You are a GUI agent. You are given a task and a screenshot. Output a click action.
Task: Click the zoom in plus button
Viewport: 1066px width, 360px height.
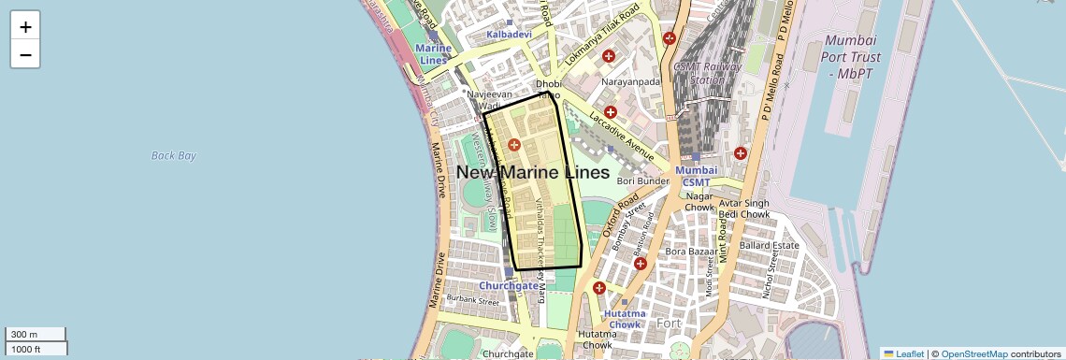click(25, 27)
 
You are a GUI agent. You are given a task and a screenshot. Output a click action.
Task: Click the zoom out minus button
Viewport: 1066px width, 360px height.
click(25, 55)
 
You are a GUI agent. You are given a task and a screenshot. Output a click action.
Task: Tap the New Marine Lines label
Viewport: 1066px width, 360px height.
click(532, 173)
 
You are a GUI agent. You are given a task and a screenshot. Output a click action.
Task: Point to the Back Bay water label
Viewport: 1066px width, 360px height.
click(174, 155)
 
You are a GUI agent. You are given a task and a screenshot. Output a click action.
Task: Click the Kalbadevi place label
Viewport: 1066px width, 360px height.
click(509, 35)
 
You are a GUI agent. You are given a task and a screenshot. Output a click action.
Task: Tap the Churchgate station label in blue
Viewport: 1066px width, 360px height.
click(509, 285)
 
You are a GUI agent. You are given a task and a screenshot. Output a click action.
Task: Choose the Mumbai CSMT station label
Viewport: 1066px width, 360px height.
click(697, 176)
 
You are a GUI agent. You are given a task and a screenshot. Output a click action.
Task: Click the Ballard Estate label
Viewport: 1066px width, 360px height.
click(770, 245)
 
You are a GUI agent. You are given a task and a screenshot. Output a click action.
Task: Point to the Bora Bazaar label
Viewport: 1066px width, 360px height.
click(689, 252)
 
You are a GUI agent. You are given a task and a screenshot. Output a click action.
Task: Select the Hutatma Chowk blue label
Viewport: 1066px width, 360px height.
click(624, 319)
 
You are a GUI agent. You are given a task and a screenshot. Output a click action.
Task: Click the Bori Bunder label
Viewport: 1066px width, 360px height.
click(641, 180)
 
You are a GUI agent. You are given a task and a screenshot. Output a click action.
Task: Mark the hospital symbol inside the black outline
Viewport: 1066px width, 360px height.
click(513, 145)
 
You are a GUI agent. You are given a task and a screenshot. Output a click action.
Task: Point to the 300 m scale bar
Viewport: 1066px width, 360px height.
click(36, 334)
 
